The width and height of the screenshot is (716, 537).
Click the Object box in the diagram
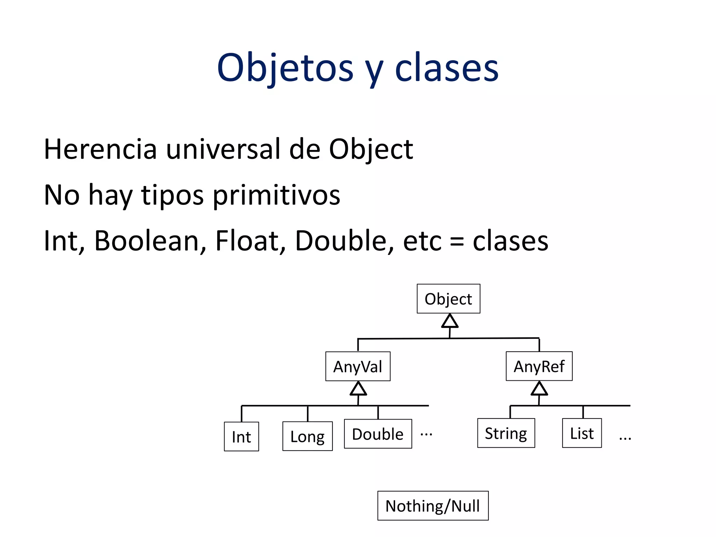pyautogui.click(x=448, y=299)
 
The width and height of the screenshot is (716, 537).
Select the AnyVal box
pyautogui.click(x=358, y=366)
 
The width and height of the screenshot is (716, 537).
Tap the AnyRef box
pyautogui.click(x=539, y=366)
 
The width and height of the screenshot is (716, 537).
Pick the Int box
pyautogui.click(x=241, y=436)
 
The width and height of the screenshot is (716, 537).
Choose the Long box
pyautogui.click(x=307, y=436)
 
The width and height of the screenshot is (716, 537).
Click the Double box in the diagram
pyautogui.click(x=378, y=434)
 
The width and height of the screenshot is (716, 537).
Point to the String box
pyautogui.click(x=506, y=433)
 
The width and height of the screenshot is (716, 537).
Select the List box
pyautogui.click(x=582, y=433)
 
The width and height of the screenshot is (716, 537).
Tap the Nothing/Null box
pyautogui.click(x=432, y=506)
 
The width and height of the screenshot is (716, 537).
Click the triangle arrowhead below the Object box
pyautogui.click(x=450, y=321)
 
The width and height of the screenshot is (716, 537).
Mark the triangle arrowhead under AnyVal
pyautogui.click(x=358, y=389)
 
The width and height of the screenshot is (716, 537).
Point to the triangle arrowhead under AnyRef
pyautogui.click(x=539, y=389)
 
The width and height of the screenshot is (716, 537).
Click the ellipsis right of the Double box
pyautogui.click(x=426, y=435)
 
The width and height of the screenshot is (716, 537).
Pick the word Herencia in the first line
pyautogui.click(x=100, y=149)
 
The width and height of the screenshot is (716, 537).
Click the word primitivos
pyautogui.click(x=276, y=195)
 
